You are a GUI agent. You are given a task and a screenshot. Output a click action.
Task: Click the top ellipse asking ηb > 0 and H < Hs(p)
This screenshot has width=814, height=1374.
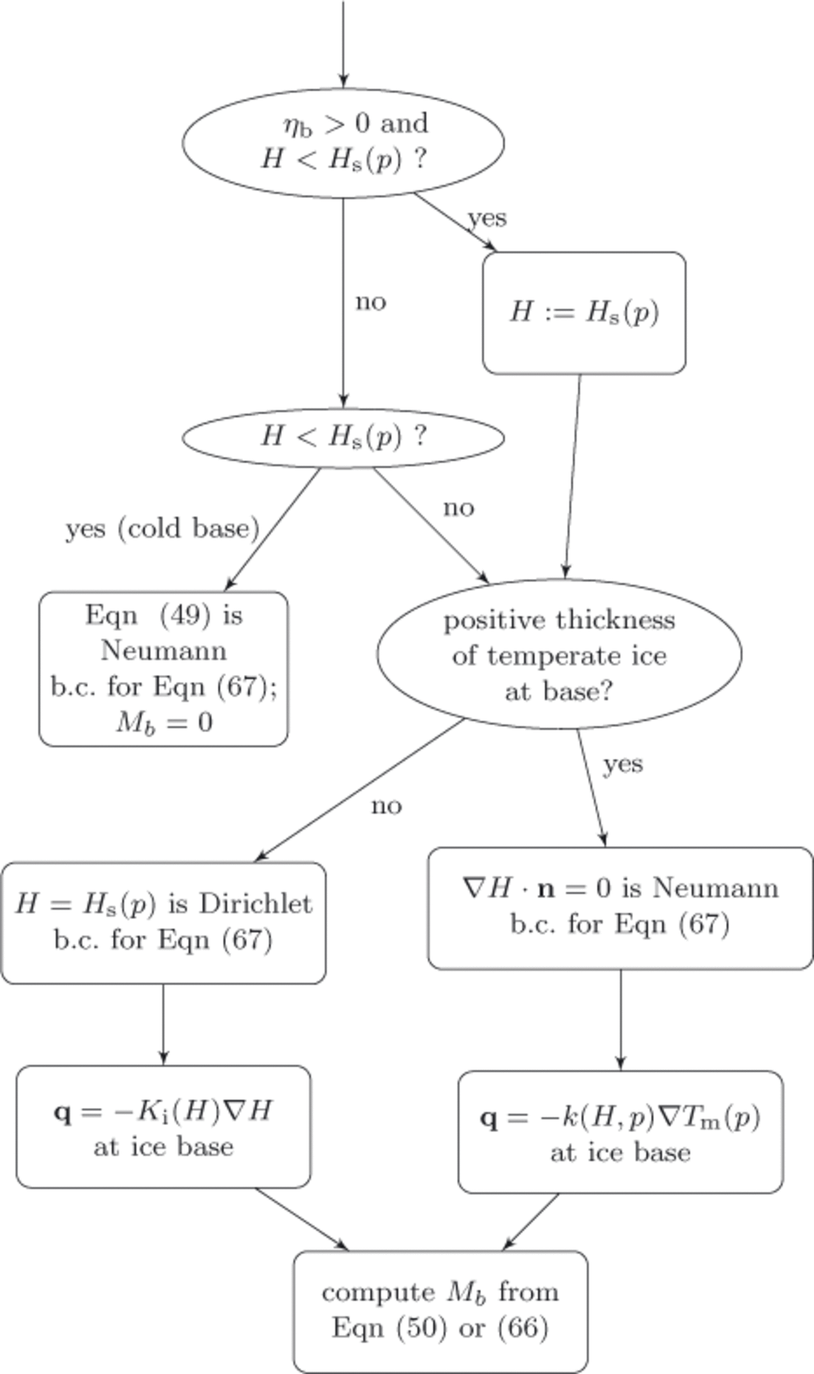coord(343,142)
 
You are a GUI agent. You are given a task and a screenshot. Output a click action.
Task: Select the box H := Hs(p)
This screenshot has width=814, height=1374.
coord(584,313)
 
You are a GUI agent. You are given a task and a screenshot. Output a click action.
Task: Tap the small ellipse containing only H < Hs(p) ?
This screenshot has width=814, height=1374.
coord(343,437)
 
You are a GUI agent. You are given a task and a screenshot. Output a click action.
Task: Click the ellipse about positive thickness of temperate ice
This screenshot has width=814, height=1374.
coord(559,654)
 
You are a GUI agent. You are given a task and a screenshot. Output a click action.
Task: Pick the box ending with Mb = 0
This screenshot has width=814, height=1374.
coord(163,668)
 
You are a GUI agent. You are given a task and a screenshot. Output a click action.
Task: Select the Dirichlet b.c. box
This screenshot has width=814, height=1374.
coord(163,922)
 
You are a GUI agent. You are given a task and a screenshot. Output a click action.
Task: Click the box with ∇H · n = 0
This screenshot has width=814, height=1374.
coord(620,908)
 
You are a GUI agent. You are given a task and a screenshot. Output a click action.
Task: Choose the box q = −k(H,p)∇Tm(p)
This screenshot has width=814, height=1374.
coord(620,1133)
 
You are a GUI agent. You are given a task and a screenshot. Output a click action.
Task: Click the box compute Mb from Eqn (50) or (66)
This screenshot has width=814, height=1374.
coord(440,1311)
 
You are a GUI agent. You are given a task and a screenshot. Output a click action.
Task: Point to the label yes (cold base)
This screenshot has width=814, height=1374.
coord(162,528)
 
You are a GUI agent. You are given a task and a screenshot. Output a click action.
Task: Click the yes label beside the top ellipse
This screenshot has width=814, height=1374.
coord(487,218)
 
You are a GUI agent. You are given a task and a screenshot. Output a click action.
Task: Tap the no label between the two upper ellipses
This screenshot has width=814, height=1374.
coord(371,302)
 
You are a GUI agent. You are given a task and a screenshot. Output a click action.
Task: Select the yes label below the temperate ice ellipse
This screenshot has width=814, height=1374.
coord(623,764)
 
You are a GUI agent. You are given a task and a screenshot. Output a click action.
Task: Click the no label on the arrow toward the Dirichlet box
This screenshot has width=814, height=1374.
coord(387,806)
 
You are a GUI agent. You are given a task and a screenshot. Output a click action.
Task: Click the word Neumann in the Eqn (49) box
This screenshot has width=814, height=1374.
coord(163,650)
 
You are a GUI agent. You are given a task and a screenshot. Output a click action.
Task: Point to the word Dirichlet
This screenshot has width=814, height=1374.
coord(256,904)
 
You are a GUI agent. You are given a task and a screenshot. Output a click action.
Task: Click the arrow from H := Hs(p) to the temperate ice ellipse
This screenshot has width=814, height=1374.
coord(572,477)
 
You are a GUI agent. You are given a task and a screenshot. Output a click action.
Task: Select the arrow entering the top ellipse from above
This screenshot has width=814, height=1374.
coord(343,44)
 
